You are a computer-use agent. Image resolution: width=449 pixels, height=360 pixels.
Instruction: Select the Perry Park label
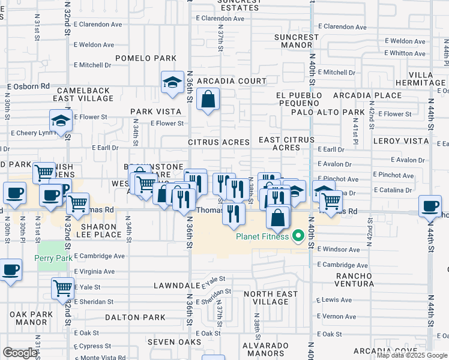point(54,259)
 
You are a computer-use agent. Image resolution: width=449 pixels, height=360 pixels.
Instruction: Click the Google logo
point(20,353)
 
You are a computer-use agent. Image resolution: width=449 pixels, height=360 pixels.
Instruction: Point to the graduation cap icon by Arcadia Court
point(172,83)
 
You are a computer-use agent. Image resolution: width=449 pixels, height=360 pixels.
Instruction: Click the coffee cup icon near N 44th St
point(430,206)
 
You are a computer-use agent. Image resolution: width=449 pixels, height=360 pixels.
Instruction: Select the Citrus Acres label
point(218,143)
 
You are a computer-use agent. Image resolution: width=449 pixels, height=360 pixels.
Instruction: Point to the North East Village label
point(266,298)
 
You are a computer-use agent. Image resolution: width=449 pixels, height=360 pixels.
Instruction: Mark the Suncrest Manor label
point(297,41)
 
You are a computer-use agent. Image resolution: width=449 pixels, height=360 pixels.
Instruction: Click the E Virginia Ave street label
point(94,272)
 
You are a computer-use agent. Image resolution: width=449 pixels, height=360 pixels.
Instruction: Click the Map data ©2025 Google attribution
point(412,355)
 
